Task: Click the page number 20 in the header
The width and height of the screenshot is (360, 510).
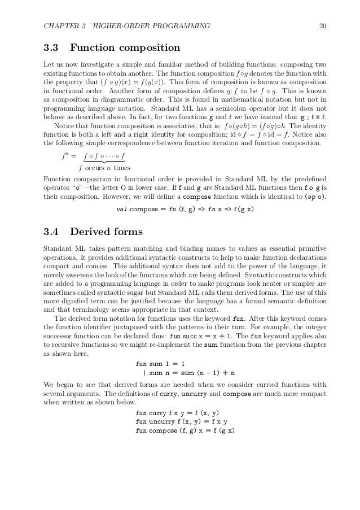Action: point(321,25)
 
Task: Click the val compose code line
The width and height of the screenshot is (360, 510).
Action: point(185,210)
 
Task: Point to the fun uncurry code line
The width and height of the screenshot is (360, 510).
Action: point(181,422)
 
